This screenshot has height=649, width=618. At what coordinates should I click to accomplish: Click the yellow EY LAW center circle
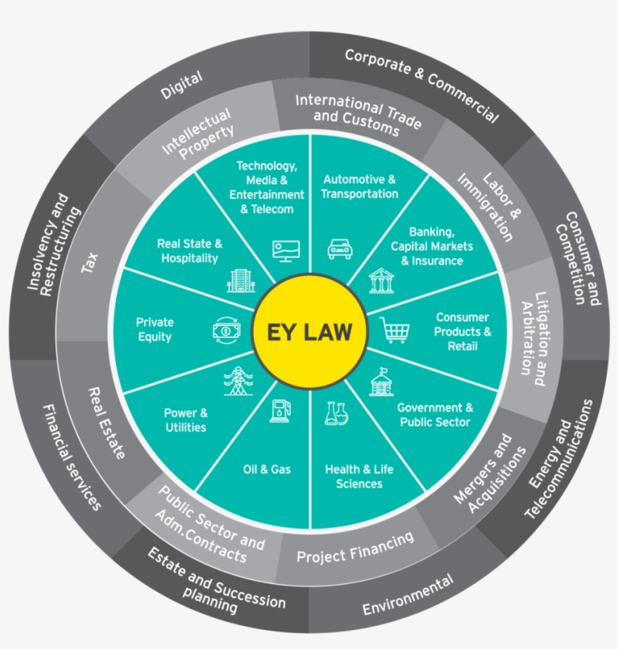point(309,331)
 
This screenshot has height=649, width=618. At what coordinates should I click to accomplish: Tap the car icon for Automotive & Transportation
point(340,249)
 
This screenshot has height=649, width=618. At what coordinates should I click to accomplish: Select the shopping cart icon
point(393,330)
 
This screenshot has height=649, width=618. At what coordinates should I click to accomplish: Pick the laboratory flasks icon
point(336,413)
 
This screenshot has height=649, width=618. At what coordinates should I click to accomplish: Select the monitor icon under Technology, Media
point(286,251)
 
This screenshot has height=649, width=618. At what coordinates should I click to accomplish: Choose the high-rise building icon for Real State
point(241,280)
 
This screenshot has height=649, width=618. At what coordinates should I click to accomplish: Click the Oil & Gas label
point(267,469)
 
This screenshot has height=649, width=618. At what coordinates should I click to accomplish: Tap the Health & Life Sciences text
point(359,476)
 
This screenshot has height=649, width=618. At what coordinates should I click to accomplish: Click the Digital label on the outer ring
point(182,85)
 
